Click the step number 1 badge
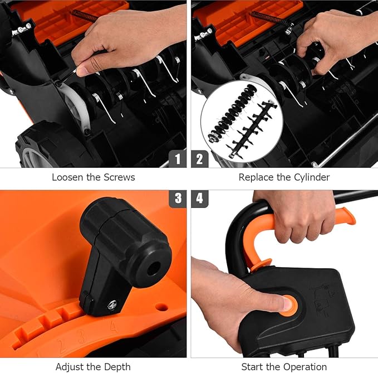click(178, 159)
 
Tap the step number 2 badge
click(200, 159)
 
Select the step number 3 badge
click(178, 198)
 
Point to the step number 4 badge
click(200, 198)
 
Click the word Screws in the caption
click(119, 177)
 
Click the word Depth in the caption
click(117, 367)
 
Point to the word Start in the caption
click(251, 367)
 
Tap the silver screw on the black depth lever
click(112, 304)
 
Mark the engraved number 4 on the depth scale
click(114, 326)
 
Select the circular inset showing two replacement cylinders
click(242, 121)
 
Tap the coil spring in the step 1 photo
click(85, 15)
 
